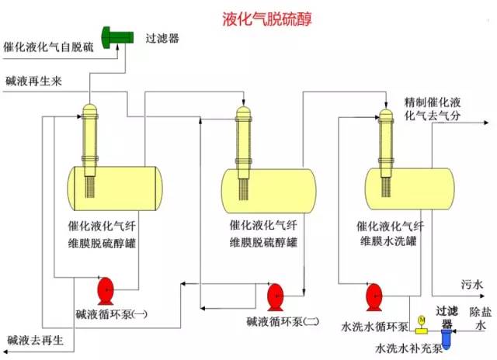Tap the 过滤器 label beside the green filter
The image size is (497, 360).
[x=162, y=36]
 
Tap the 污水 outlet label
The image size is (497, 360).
[x=471, y=285]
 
